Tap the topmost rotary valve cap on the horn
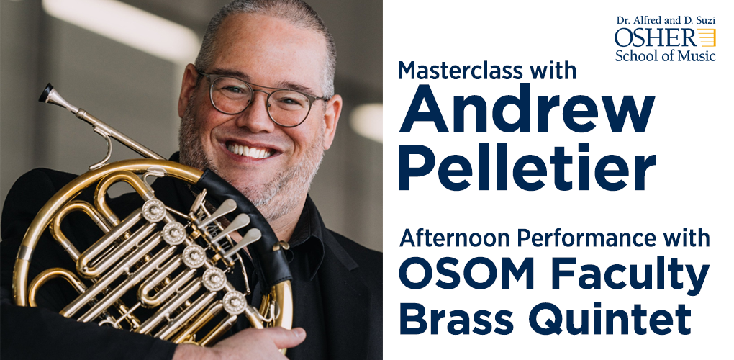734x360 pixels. point(153,210)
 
